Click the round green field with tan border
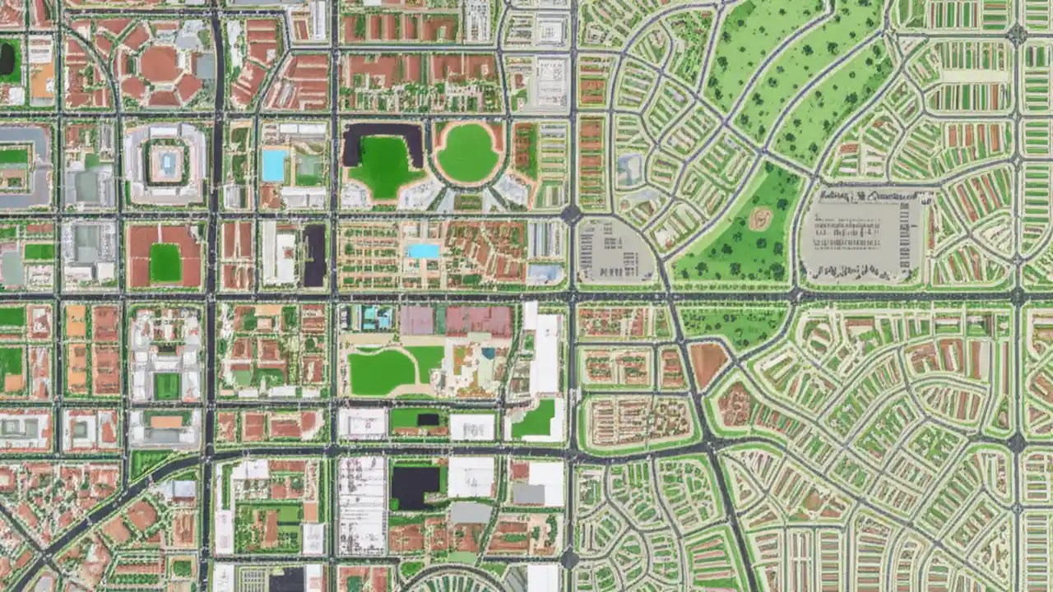click(x=467, y=153)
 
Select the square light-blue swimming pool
click(x=274, y=165)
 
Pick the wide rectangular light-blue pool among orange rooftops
click(x=423, y=251)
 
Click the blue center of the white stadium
click(x=168, y=164)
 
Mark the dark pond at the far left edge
click(x=7, y=58)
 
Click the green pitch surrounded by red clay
click(x=165, y=262)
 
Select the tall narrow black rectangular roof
click(x=314, y=256)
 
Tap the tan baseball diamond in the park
click(x=759, y=219)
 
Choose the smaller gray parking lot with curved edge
click(x=612, y=252)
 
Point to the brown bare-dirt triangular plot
click(x=707, y=363)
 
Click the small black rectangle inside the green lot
click(x=427, y=420)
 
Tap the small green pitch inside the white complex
click(x=166, y=386)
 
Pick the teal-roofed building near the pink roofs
click(x=376, y=317)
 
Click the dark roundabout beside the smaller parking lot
click(x=570, y=214)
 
